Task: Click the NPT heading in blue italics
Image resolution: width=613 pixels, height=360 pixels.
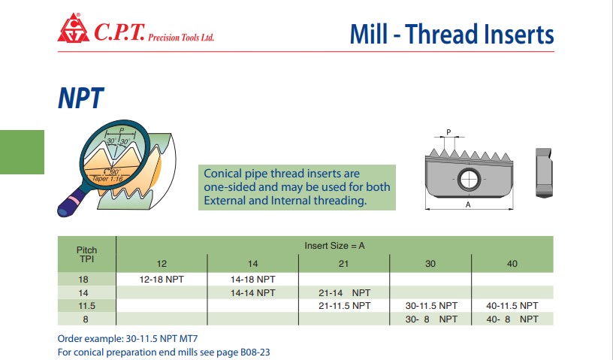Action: coord(81,98)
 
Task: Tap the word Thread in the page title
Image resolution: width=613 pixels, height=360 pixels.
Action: coord(442,34)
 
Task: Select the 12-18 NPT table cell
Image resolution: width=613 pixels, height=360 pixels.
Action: coord(162,280)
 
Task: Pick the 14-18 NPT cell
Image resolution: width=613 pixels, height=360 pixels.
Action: coord(252,280)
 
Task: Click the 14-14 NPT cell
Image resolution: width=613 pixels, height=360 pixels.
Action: coord(252,292)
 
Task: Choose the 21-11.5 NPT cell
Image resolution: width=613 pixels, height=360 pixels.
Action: coord(344,306)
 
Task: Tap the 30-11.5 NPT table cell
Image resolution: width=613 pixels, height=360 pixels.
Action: coord(431,306)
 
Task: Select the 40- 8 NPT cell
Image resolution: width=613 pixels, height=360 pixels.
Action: coord(512,319)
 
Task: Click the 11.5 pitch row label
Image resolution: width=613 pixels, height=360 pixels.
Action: coord(86,306)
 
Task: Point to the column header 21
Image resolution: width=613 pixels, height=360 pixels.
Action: coord(343,264)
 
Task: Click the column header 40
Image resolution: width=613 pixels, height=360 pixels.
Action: coord(512,264)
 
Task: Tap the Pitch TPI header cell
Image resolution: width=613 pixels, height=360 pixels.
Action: coord(86,254)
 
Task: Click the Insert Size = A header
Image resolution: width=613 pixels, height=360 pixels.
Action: coord(334,246)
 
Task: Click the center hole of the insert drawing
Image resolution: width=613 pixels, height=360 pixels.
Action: coord(468,179)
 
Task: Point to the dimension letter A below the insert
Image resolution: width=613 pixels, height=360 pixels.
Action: coord(468,204)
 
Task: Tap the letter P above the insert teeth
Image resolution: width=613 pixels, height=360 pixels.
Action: coord(448,132)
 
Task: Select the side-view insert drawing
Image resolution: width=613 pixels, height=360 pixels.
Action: coord(544,173)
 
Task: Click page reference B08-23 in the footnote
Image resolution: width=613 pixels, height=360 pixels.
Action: coord(255,352)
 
